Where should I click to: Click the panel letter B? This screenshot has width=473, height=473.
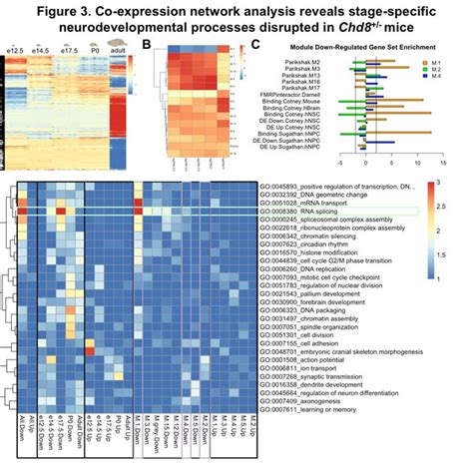(147, 46)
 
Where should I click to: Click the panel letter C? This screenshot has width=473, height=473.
(257, 46)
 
